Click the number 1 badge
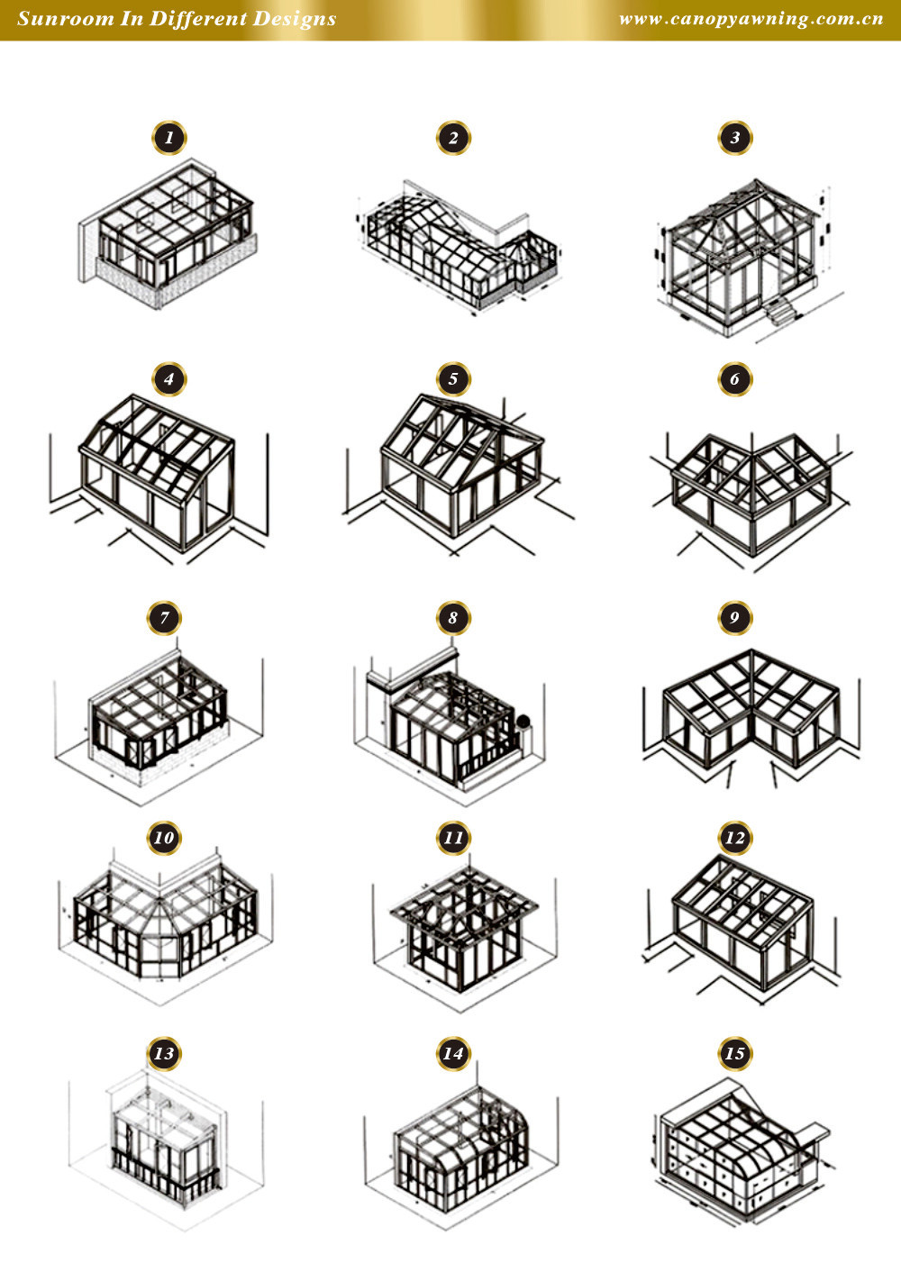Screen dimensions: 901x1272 [x=169, y=138]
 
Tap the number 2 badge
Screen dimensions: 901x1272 [x=453, y=138]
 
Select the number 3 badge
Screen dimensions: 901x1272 [x=735, y=138]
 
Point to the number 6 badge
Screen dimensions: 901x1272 [x=735, y=378]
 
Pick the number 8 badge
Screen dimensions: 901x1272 [x=453, y=617]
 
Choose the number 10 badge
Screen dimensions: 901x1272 [x=164, y=838]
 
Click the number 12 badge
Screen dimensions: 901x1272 [x=735, y=838]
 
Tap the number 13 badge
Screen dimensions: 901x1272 [x=164, y=1053]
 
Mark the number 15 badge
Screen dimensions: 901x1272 [x=735, y=1053]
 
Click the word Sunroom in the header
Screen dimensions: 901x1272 [x=66, y=18]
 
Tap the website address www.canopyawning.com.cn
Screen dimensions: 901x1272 [x=751, y=19]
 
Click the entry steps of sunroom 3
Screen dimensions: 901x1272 [x=779, y=311]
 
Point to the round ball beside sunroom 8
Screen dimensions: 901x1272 [x=523, y=722]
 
